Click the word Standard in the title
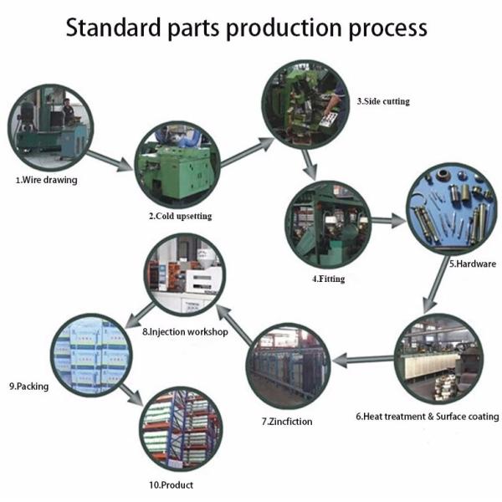tap(113, 28)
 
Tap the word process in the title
tap(387, 29)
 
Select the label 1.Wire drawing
tap(46, 180)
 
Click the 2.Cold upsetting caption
tap(180, 216)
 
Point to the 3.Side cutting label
tap(383, 101)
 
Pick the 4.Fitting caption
tap(329, 279)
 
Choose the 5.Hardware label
tap(473, 264)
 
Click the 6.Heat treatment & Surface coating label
tap(428, 416)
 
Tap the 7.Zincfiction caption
tap(287, 422)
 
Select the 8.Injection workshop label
tap(185, 331)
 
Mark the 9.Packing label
tap(28, 387)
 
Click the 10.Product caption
tap(171, 485)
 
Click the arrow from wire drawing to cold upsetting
tap(110, 161)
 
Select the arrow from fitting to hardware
tap(388, 221)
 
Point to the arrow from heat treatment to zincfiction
tap(363, 360)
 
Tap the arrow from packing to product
tap(131, 394)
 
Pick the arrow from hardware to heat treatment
tap(436, 285)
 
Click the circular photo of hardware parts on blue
tap(453, 209)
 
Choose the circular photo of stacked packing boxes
tap(91, 356)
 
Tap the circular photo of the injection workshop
tap(185, 274)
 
